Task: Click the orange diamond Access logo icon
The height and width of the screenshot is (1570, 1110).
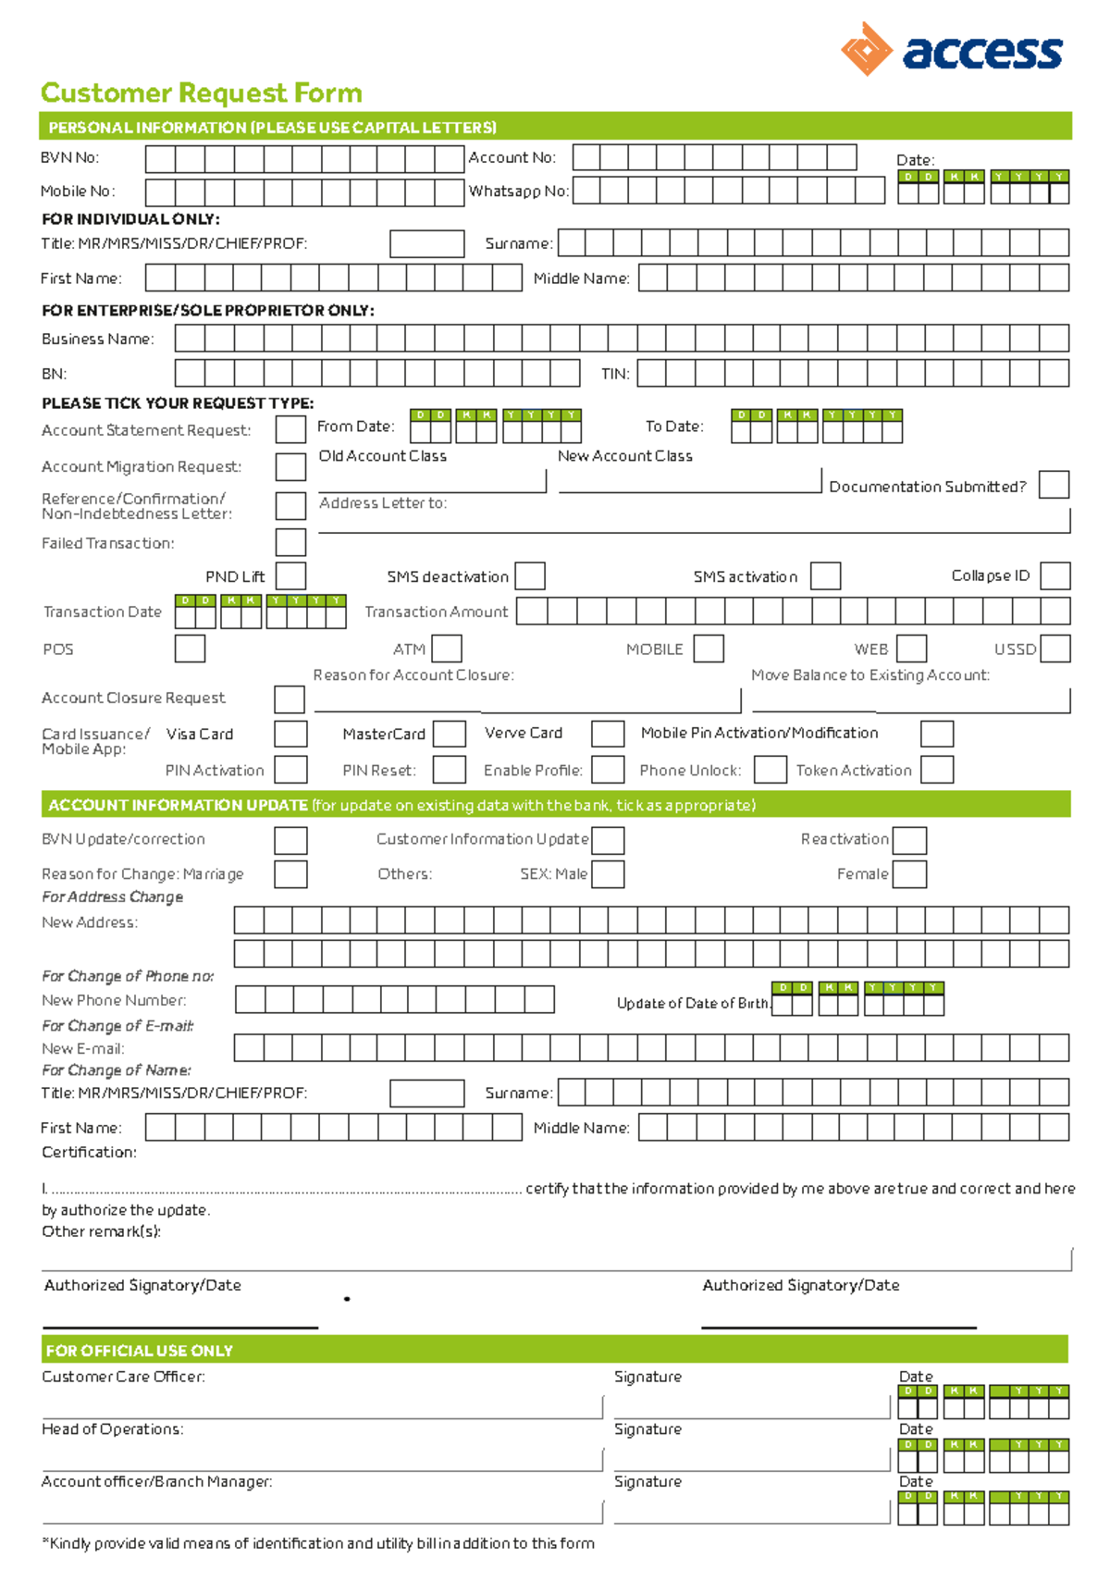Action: (866, 49)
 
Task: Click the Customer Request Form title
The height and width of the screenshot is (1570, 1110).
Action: (202, 93)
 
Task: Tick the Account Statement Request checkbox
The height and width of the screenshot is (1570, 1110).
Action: (290, 429)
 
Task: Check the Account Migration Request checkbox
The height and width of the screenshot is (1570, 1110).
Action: (290, 466)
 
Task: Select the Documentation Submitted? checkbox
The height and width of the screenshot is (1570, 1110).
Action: (1054, 485)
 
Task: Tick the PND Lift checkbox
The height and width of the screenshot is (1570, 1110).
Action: (290, 575)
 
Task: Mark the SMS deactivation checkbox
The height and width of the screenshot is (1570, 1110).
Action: (530, 575)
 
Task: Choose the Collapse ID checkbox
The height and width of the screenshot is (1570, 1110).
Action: (1054, 575)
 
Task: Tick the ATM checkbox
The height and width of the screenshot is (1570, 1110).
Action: (447, 649)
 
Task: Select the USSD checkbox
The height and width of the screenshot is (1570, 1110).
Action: (1055, 649)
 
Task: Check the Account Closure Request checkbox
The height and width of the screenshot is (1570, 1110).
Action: (290, 699)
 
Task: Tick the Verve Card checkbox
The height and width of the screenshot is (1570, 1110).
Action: (608, 734)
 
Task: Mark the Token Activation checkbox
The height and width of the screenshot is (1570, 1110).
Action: (937, 770)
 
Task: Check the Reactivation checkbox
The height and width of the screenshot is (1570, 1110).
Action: (909, 840)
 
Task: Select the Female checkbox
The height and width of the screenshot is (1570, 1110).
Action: (909, 874)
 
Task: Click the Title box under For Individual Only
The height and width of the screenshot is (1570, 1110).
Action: (426, 244)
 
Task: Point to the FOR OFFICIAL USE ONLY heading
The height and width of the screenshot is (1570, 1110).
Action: (139, 1351)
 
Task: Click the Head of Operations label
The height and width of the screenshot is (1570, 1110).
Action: (112, 1429)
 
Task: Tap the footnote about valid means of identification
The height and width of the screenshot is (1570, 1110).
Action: (318, 1543)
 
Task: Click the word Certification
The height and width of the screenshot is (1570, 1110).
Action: (89, 1152)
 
